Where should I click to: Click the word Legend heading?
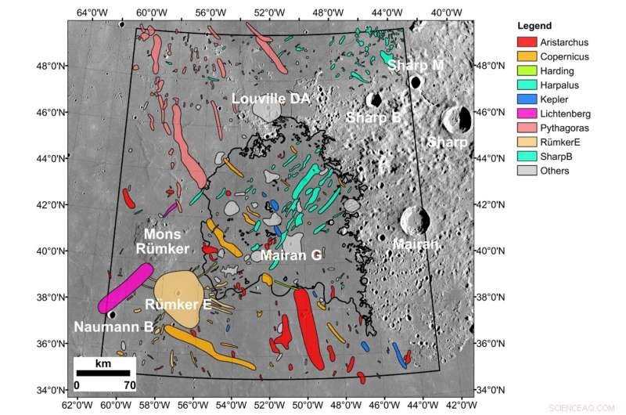[534, 27]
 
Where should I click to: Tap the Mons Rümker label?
[164, 241]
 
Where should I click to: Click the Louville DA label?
[271, 98]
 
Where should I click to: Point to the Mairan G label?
[290, 254]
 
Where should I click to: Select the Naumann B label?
[113, 327]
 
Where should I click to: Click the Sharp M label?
[415, 65]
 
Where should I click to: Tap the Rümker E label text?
[178, 304]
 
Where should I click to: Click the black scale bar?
[105, 372]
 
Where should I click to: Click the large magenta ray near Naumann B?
[125, 288]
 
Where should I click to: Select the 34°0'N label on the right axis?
[491, 390]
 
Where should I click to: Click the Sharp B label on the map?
[373, 117]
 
